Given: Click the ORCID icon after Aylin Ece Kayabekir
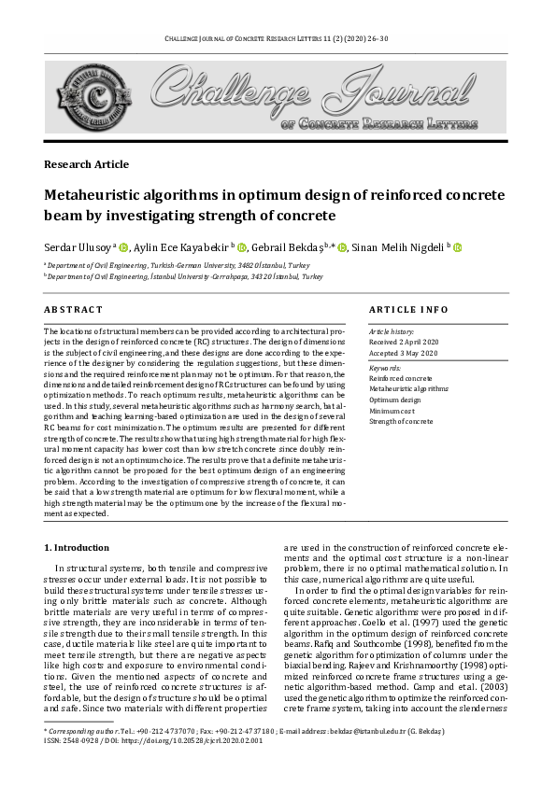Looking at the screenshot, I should (242, 247).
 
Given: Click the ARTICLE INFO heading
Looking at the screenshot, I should (408, 309).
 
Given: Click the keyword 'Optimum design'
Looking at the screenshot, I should (395, 400).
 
